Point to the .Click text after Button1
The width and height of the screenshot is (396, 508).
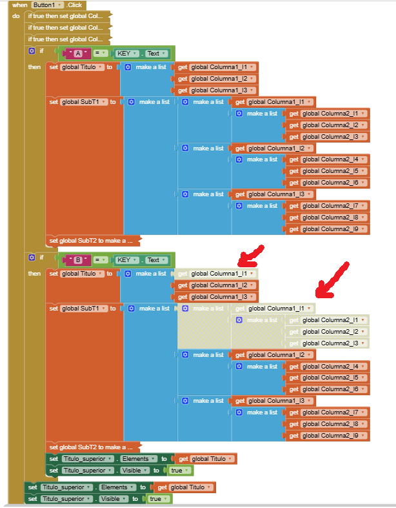pos(74,5)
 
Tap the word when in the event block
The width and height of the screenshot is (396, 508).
pos(19,5)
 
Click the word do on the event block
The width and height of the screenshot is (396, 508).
pos(16,15)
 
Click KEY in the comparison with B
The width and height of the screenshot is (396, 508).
pos(124,260)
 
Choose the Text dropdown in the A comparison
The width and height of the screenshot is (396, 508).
pos(155,54)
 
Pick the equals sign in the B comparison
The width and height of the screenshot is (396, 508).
pos(101,260)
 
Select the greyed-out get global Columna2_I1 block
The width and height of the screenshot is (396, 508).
pos(328,320)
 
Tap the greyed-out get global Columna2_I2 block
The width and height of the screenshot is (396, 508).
pos(328,332)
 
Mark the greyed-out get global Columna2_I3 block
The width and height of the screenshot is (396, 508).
pos(328,343)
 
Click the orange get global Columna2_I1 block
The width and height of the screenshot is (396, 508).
pos(328,114)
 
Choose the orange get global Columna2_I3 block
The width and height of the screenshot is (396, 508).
pos(328,137)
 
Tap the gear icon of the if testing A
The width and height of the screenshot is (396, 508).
pos(32,50)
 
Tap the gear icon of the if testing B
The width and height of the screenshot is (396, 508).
pos(32,257)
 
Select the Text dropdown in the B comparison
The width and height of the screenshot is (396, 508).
pos(155,260)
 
